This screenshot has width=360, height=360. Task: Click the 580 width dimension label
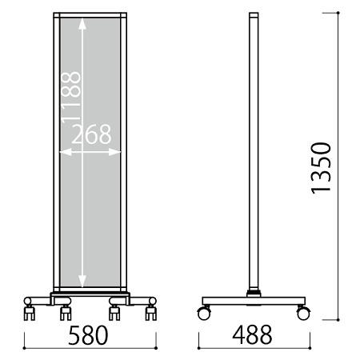click(x=88, y=335)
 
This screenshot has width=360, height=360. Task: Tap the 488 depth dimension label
click(x=252, y=334)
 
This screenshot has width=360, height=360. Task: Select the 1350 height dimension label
click(x=321, y=168)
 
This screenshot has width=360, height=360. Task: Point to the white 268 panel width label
click(x=91, y=134)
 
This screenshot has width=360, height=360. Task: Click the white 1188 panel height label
click(x=71, y=97)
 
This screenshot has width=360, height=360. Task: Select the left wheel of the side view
click(x=204, y=313)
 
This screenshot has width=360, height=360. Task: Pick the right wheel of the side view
click(x=303, y=313)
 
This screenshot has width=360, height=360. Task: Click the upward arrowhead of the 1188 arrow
click(x=82, y=23)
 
